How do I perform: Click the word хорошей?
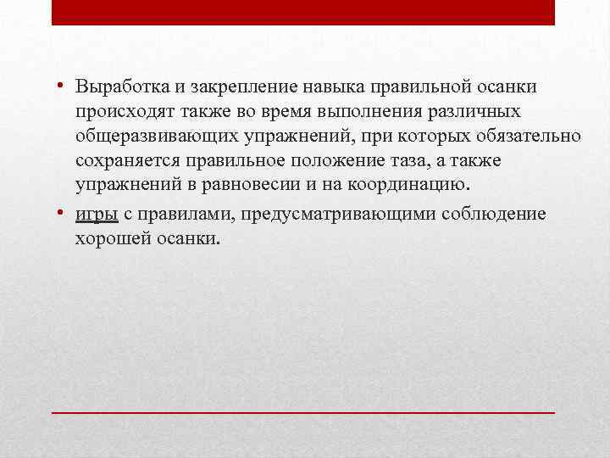tap(106, 238)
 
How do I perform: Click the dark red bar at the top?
tap(303, 12)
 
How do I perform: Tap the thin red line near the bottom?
tap(303, 411)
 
